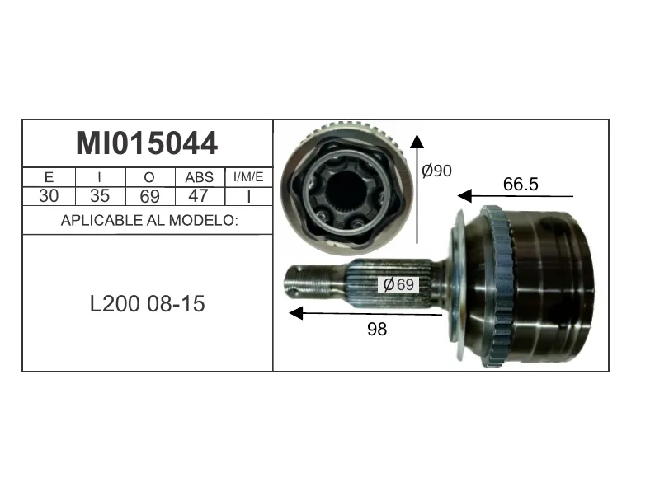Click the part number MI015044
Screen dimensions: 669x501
147,143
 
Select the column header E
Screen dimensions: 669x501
49,177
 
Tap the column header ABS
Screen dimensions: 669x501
200,177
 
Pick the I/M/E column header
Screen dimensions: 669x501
248,177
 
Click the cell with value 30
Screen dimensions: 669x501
49,196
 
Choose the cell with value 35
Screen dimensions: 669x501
100,196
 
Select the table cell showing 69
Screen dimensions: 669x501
150,196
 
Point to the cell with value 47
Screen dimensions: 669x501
198,196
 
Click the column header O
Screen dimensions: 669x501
149,177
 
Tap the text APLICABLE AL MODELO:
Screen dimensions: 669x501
149,220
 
